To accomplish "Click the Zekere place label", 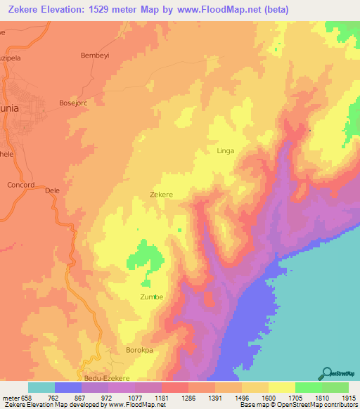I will (x=162, y=194).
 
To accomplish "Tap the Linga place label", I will (x=225, y=150).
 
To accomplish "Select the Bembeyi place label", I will (x=96, y=55).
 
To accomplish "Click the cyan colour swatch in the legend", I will (x=41, y=387).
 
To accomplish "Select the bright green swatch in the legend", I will (x=308, y=387).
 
